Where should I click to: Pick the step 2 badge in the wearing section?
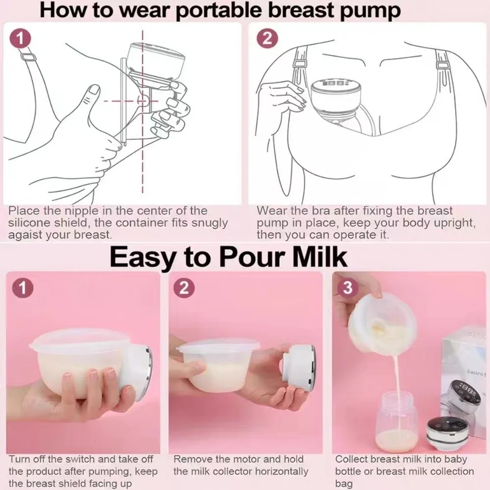[x=267, y=38]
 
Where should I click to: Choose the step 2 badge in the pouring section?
[x=184, y=288]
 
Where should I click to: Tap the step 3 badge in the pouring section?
[x=347, y=288]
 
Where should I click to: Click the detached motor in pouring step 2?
[x=299, y=367]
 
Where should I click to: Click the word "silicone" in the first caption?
[x=29, y=223]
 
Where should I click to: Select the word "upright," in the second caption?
[x=452, y=223]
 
